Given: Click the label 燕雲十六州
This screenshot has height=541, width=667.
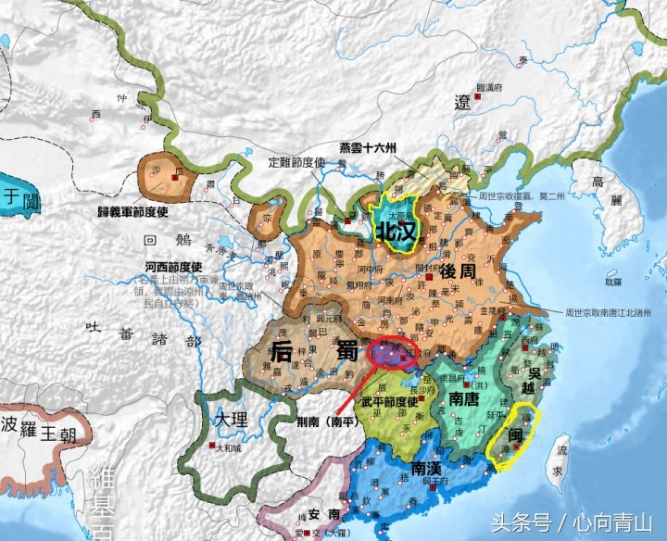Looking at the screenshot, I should [367, 149].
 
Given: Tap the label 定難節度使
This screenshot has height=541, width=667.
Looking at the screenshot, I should [299, 163].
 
